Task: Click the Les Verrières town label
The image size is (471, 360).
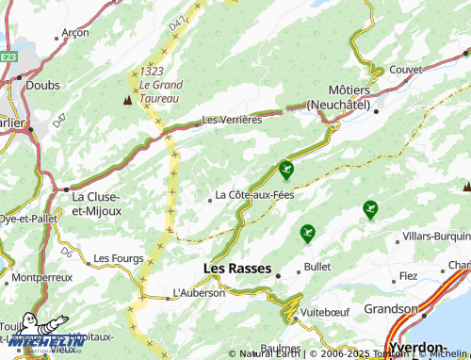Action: pyautogui.click(x=232, y=120)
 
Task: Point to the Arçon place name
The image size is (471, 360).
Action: pyautogui.click(x=74, y=32)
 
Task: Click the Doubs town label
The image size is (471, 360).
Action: pyautogui.click(x=43, y=85)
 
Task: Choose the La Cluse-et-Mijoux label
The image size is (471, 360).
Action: pyautogui.click(x=97, y=204)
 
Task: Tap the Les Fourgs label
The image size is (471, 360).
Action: pyautogui.click(x=116, y=257)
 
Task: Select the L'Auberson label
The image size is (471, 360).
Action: pyautogui.click(x=199, y=293)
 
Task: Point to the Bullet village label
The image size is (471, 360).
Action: pyautogui.click(x=317, y=267)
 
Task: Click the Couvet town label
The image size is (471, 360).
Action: pyautogui.click(x=405, y=70)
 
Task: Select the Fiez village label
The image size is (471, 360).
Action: pyautogui.click(x=408, y=276)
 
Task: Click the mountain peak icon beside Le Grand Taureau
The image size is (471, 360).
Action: pyautogui.click(x=127, y=98)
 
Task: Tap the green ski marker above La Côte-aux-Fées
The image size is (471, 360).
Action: pyautogui.click(x=285, y=170)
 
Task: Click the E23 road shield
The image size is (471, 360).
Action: pyautogui.click(x=8, y=57)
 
